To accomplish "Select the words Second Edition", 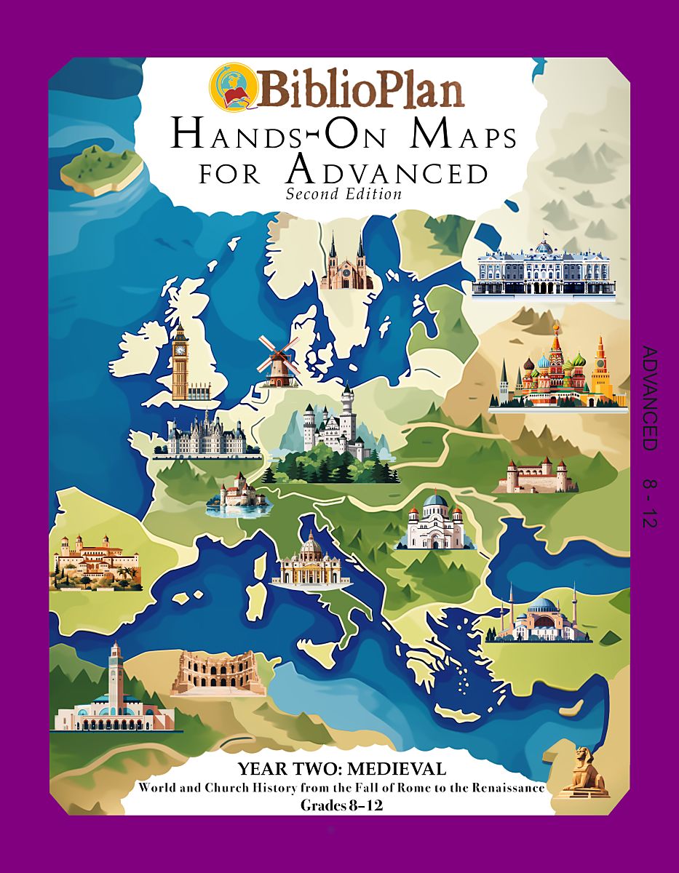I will coord(344,194).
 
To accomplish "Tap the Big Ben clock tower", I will coord(179,360).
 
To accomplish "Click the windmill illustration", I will coord(277,360).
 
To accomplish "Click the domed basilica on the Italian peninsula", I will coord(311,560).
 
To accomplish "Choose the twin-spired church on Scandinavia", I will coord(346,262).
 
